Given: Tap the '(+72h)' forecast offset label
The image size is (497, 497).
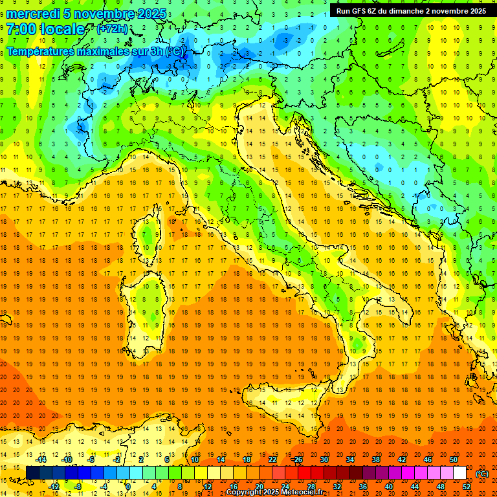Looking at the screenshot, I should [x=112, y=29].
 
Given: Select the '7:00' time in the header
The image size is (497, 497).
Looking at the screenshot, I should [x=23, y=29].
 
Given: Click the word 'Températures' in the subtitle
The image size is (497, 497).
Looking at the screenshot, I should [x=39, y=52].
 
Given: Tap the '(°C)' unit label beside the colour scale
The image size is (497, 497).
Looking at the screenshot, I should [x=482, y=473].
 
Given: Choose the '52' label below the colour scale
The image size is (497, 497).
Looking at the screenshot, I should [x=466, y=487].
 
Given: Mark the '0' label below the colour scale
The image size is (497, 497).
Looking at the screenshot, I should [x=129, y=487].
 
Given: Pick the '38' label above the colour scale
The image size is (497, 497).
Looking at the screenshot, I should [x=375, y=459].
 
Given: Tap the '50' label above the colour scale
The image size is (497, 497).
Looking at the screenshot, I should [x=453, y=459].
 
